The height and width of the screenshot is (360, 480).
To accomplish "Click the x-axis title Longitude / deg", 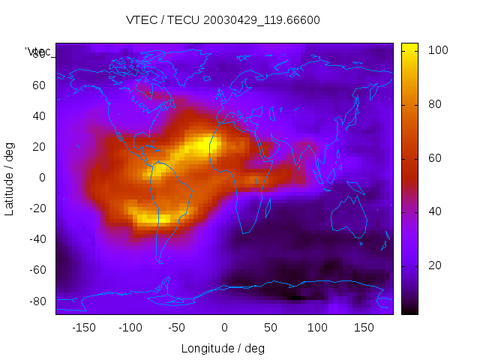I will (x=223, y=348).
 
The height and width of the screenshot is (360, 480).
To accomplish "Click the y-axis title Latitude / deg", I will (x=10, y=178).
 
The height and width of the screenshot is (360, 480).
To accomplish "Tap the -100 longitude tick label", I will (x=130, y=328).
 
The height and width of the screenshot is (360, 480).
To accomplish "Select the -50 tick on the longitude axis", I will (x=177, y=328).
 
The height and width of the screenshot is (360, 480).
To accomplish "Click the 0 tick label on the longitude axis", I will (x=223, y=328).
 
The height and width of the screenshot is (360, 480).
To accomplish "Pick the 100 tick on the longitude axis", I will (x=317, y=328).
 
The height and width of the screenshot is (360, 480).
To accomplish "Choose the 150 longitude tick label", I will (x=364, y=328).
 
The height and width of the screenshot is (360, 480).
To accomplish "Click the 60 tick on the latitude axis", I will (x=37, y=85).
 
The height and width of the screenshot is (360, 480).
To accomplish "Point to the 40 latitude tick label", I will (x=37, y=115).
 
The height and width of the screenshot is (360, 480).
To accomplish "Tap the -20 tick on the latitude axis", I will (x=35, y=208).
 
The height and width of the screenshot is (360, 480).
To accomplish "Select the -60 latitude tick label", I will (x=35, y=270).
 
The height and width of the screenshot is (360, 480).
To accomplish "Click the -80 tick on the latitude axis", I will (x=35, y=301).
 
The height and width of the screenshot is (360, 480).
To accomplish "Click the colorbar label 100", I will (x=438, y=50).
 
